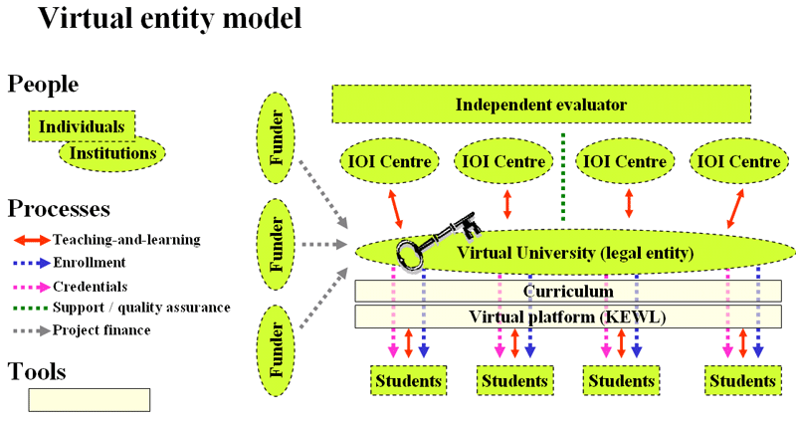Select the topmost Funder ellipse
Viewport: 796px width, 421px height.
(x=279, y=138)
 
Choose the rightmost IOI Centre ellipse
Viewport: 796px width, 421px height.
(x=738, y=160)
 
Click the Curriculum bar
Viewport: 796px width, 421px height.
(x=568, y=291)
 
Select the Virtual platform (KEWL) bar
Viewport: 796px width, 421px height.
(x=568, y=316)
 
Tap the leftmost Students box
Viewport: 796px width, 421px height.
(x=408, y=380)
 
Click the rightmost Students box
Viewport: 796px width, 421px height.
(x=742, y=380)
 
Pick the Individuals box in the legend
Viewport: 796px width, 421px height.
(x=82, y=126)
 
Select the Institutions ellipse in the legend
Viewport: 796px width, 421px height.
(x=112, y=153)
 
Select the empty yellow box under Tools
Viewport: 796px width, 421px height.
(x=89, y=399)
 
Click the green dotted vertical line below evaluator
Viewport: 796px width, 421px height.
(x=563, y=175)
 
